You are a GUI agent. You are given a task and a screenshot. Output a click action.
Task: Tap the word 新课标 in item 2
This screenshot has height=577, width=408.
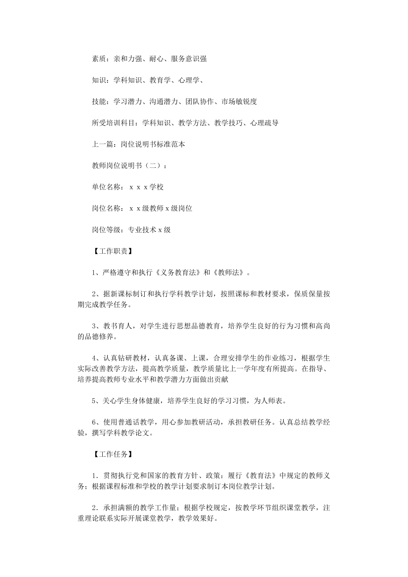coord(121,294)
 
